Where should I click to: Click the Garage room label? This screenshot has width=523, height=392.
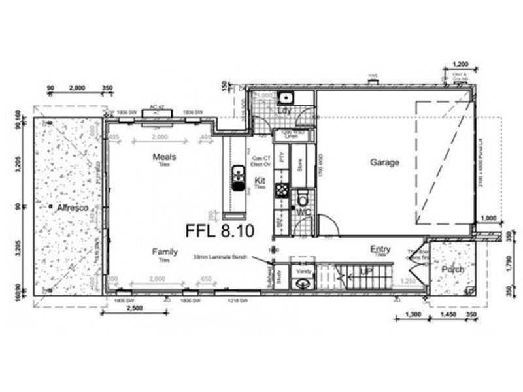(x=384, y=163)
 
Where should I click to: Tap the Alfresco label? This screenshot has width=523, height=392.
(x=73, y=207)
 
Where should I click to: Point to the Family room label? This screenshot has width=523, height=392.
(x=165, y=252)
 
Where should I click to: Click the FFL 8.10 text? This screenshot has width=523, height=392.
(x=220, y=231)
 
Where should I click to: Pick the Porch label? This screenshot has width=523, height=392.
(x=452, y=269)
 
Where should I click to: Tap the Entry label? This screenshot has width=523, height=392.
(x=380, y=249)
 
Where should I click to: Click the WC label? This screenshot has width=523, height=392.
(x=303, y=213)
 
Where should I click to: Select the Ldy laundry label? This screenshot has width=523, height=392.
(x=284, y=111)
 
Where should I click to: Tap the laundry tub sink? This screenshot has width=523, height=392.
(x=286, y=99)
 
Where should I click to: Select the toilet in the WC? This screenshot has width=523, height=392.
(x=303, y=198)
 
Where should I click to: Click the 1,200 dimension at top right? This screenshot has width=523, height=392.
(x=460, y=65)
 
